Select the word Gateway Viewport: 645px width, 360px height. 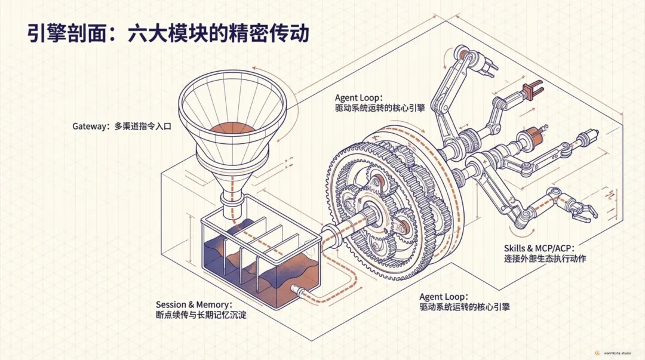tap(90, 127)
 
